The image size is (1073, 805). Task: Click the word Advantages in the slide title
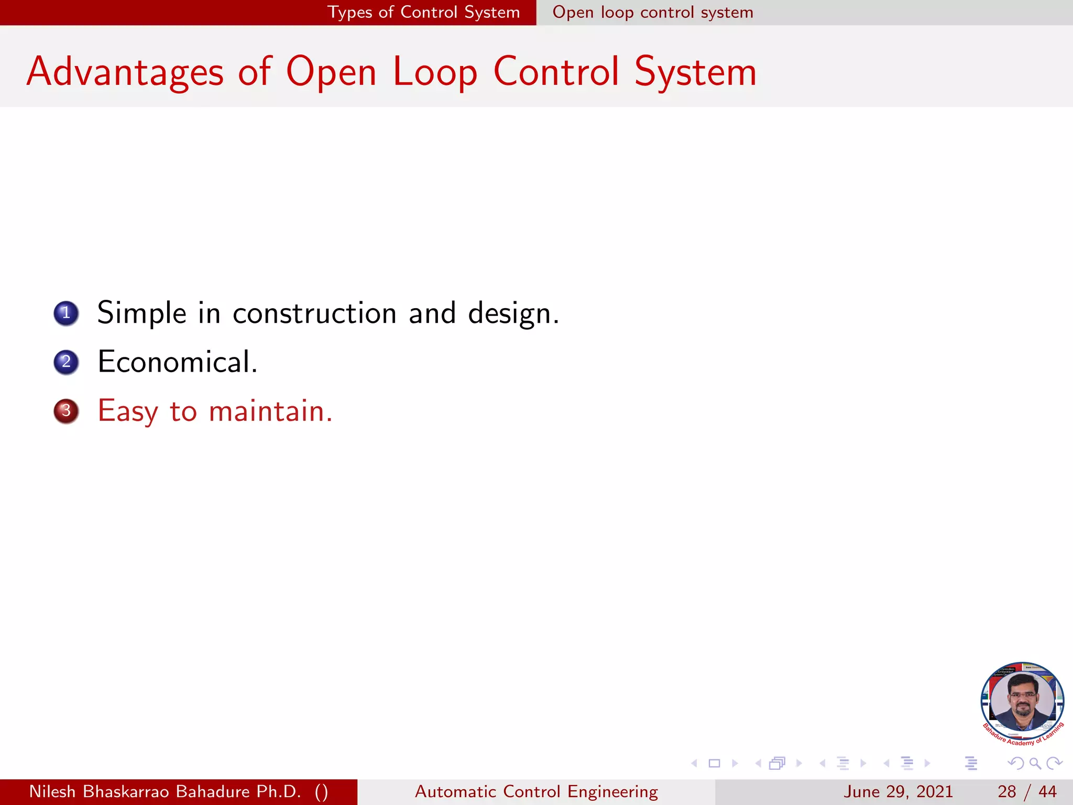point(125,72)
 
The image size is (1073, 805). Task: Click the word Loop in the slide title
point(435,72)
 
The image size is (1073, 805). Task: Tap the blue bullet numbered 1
point(66,313)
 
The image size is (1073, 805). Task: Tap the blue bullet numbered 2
point(66,362)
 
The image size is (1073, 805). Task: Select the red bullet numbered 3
point(66,411)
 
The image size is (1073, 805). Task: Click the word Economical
point(177,362)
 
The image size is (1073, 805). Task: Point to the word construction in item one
point(314,313)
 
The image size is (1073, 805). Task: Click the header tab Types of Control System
point(423,12)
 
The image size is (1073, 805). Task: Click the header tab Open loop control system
point(653,12)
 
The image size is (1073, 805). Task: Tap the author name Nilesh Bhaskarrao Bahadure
point(165,791)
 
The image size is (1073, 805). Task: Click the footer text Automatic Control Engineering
point(536,791)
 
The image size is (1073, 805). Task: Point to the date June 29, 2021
point(898,791)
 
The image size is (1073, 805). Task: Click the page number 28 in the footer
point(1006,791)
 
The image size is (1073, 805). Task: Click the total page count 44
point(1047,791)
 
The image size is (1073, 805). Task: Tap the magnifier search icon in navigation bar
point(1035,763)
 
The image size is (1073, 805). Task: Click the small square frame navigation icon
point(714,763)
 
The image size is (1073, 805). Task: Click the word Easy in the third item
point(127,411)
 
